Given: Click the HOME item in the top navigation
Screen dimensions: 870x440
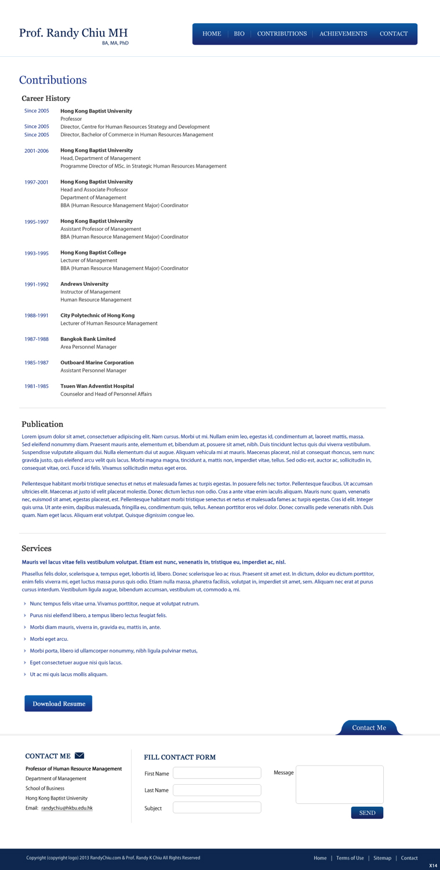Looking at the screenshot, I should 212,34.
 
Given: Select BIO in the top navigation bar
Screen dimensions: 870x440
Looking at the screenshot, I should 239,34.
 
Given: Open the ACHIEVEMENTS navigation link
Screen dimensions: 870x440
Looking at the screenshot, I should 343,34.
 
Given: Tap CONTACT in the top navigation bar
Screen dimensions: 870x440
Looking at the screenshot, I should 394,34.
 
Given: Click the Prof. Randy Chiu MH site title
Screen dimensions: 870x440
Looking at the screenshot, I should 73,33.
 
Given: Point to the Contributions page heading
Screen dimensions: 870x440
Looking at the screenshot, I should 53,80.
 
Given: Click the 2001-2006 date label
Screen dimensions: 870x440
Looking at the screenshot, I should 37,151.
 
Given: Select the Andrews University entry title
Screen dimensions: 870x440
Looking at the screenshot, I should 85,284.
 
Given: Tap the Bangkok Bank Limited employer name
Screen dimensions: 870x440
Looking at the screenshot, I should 88,339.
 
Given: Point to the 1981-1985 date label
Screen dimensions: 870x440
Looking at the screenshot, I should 37,386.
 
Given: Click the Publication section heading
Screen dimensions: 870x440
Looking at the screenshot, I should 42,424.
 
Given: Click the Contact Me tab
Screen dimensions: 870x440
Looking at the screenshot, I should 369,727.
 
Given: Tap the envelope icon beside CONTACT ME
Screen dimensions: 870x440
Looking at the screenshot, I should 79,755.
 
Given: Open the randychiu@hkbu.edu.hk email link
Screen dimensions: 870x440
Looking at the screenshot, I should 67,808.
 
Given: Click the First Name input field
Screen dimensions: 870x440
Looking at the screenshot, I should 217,773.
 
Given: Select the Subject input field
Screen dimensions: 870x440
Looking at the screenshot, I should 217,807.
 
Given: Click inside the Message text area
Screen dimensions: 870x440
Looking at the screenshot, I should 340,784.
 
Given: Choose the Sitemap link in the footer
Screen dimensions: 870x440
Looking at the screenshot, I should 382,858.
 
